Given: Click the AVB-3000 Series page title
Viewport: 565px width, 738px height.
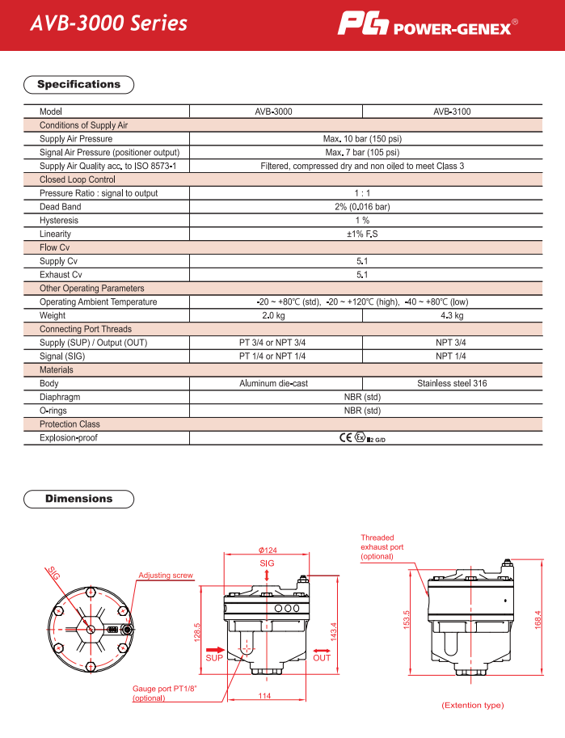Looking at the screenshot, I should [108, 23].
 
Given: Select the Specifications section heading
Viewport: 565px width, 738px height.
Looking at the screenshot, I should [79, 84].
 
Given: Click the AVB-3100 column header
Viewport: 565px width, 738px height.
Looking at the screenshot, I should [452, 112].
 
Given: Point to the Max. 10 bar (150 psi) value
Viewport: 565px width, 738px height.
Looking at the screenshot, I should [362, 139].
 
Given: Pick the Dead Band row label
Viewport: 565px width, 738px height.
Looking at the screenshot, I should [60, 207].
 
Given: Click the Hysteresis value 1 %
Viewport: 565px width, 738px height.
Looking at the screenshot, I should [362, 221].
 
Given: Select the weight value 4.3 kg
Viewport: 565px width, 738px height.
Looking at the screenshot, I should [452, 315].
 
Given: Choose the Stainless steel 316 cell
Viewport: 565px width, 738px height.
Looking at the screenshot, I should [452, 384].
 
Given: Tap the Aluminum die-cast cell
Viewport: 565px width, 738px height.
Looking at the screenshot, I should [273, 384].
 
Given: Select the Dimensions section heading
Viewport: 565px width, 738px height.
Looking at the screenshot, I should [79, 499].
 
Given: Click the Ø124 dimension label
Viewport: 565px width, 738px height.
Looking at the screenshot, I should [268, 550].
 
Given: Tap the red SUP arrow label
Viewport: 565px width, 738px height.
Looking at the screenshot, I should [213, 657].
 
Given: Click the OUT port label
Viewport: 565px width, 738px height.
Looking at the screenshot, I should [322, 657].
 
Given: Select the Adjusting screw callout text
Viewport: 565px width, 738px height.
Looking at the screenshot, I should [166, 576].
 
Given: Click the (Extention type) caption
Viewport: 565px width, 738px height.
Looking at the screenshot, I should [472, 706].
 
